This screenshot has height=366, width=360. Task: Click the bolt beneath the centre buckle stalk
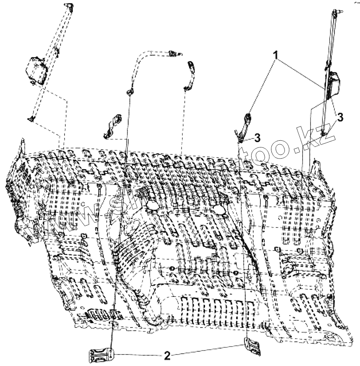pos(241,138)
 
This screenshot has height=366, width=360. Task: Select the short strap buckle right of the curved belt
pos(190,74)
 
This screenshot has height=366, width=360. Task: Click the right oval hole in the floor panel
pos(218,209)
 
